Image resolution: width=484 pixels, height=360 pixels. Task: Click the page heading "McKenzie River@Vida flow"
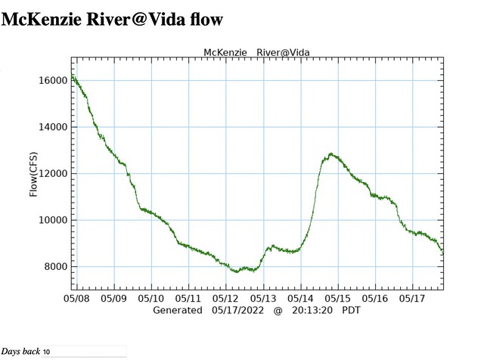113,18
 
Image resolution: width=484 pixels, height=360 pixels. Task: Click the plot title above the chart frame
257,52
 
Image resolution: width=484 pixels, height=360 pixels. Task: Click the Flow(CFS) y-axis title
33,173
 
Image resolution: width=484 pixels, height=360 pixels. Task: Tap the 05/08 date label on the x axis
76,299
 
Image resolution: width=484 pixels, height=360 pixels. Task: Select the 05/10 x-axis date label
151,299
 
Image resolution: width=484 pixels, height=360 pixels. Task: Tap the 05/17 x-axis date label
413,299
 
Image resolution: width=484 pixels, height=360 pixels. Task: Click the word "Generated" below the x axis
178,310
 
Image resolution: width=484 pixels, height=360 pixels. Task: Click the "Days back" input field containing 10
83,352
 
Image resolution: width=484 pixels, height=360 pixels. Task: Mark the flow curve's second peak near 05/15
331,155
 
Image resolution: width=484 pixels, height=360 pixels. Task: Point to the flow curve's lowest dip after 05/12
239,271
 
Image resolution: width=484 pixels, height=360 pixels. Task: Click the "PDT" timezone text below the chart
352,310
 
